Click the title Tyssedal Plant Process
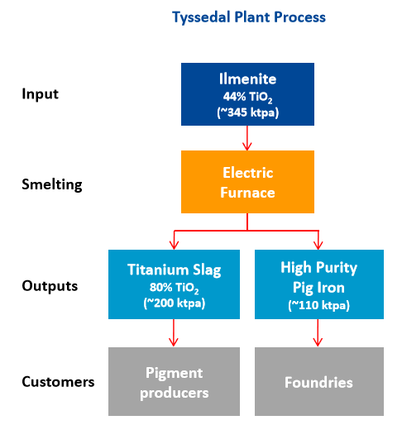(x=249, y=17)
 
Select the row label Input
(x=41, y=94)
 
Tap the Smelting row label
(x=52, y=184)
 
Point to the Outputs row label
(x=50, y=286)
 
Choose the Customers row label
(x=58, y=382)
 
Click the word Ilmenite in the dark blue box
(x=247, y=79)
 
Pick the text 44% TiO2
(x=247, y=98)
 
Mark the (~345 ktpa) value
(x=247, y=112)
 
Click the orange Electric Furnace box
(x=247, y=182)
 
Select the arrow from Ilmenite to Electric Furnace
(x=247, y=138)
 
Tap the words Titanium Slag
(x=175, y=270)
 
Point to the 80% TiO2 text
(x=175, y=288)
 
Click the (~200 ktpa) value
(x=175, y=303)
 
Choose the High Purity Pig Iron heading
(x=319, y=278)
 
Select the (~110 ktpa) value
(x=319, y=305)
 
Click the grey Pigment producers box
(x=174, y=381)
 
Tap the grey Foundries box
(x=319, y=381)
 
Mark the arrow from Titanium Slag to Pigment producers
(x=174, y=332)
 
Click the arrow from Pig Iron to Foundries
(x=318, y=332)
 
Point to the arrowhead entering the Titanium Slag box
(x=175, y=246)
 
